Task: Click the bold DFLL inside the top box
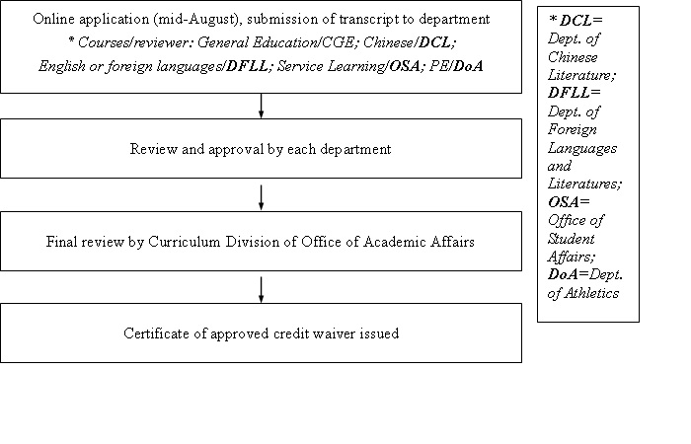tap(247, 66)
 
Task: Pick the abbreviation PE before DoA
tap(438, 66)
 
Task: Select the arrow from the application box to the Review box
tap(261, 106)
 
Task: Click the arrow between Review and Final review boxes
tap(261, 197)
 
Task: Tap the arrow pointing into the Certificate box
tap(261, 290)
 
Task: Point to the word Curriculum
tap(185, 242)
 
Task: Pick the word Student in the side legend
tap(572, 239)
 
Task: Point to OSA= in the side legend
tap(569, 202)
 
